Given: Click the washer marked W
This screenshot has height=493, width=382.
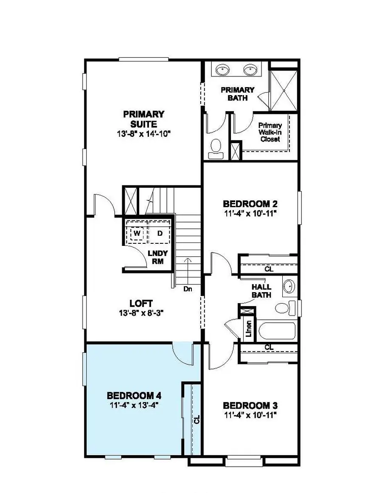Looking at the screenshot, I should click(x=137, y=234).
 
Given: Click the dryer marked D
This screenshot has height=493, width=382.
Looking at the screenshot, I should click(x=160, y=234).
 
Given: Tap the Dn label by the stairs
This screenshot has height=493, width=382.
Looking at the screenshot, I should click(x=188, y=289).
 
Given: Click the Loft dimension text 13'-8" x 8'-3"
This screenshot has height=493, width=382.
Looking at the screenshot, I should click(x=141, y=312).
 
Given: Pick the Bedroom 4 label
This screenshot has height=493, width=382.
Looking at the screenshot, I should click(x=134, y=396).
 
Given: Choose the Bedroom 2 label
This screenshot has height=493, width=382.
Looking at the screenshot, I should click(x=250, y=203).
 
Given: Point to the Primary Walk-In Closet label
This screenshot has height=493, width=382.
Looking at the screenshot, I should click(x=270, y=132).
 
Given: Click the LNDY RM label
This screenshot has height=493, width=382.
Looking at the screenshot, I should click(x=157, y=257).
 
